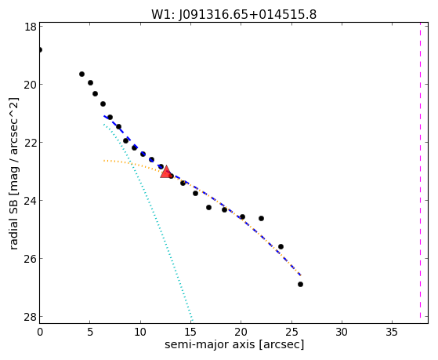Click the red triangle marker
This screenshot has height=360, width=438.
(x=166, y=172)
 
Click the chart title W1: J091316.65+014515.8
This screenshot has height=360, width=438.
(x=233, y=15)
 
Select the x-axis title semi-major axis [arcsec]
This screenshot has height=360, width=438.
(x=234, y=344)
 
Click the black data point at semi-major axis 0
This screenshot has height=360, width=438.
(x=40, y=49)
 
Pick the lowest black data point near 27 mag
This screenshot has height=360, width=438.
(x=300, y=284)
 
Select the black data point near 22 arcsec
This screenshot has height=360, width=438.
(x=261, y=218)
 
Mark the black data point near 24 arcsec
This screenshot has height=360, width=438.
(x=281, y=246)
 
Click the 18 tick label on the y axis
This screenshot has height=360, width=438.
(x=30, y=27)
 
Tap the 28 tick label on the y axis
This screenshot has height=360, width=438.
(x=30, y=316)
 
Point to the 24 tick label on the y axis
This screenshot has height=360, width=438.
(x=30, y=200)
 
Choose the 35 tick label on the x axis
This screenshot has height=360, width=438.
(x=392, y=332)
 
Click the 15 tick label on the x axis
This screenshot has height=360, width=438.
(x=190, y=332)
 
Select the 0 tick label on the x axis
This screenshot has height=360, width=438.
(x=40, y=332)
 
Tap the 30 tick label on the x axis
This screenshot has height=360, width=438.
(x=342, y=332)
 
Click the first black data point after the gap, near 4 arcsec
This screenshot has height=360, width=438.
(x=81, y=75)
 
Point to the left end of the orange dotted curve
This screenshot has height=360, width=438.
(x=103, y=161)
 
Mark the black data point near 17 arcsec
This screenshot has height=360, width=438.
(x=208, y=207)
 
